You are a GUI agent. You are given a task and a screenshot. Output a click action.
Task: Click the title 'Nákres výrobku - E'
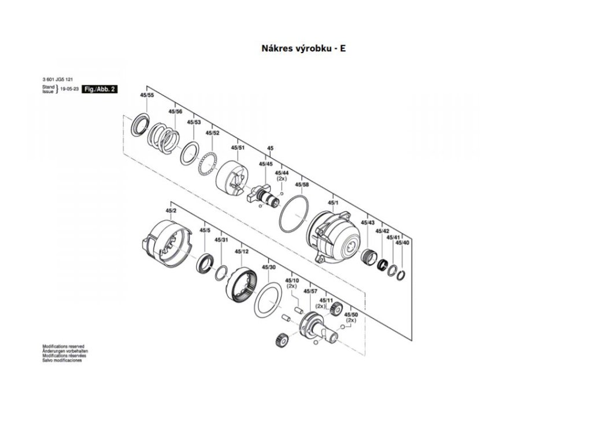[304, 49]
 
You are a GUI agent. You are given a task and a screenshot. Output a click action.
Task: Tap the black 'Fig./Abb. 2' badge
[100, 90]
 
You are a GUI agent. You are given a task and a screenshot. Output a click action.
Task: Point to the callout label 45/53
[194, 123]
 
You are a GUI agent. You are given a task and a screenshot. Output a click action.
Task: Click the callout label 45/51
[238, 147]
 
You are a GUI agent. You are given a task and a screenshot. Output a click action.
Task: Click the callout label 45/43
[368, 223]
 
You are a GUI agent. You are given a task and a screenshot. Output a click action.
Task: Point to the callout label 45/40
[402, 243]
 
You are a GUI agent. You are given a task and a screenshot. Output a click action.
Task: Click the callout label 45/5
[205, 231]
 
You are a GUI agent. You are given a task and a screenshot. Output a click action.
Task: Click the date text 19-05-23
[70, 90]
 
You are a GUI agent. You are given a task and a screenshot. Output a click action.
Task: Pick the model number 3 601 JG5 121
[57, 79]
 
